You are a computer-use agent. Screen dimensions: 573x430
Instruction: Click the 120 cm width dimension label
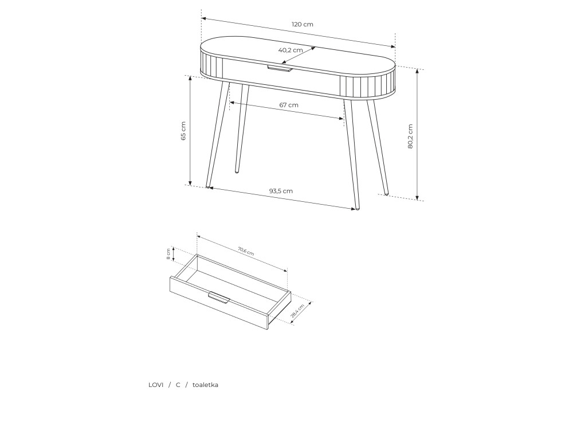[x=302, y=25]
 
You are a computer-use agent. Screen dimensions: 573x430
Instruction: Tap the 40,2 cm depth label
[x=291, y=50]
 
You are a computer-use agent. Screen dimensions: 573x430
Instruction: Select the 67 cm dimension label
[x=289, y=105]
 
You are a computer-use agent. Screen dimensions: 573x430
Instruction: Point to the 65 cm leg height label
[x=183, y=131]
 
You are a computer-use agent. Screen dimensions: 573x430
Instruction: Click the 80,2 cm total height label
[x=410, y=136]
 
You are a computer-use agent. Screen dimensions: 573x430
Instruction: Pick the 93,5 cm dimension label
[x=281, y=191]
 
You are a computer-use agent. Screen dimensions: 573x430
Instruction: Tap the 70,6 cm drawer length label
[x=246, y=251]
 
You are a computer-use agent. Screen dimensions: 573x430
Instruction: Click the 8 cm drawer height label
[x=168, y=254]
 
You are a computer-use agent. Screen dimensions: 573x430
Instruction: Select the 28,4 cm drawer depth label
[x=297, y=311]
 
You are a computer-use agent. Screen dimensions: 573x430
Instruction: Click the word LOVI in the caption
[x=156, y=385]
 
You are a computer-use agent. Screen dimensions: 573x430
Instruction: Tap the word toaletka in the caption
[x=205, y=385]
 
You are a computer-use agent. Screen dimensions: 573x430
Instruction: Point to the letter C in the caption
[x=178, y=385]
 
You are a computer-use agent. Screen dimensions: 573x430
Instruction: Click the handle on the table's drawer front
[x=280, y=69]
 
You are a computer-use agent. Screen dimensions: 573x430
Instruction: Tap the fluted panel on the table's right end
[x=367, y=85]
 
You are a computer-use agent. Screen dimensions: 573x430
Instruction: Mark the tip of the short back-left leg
[x=237, y=171]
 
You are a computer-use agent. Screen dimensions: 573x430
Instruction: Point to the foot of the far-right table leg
[x=387, y=193]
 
